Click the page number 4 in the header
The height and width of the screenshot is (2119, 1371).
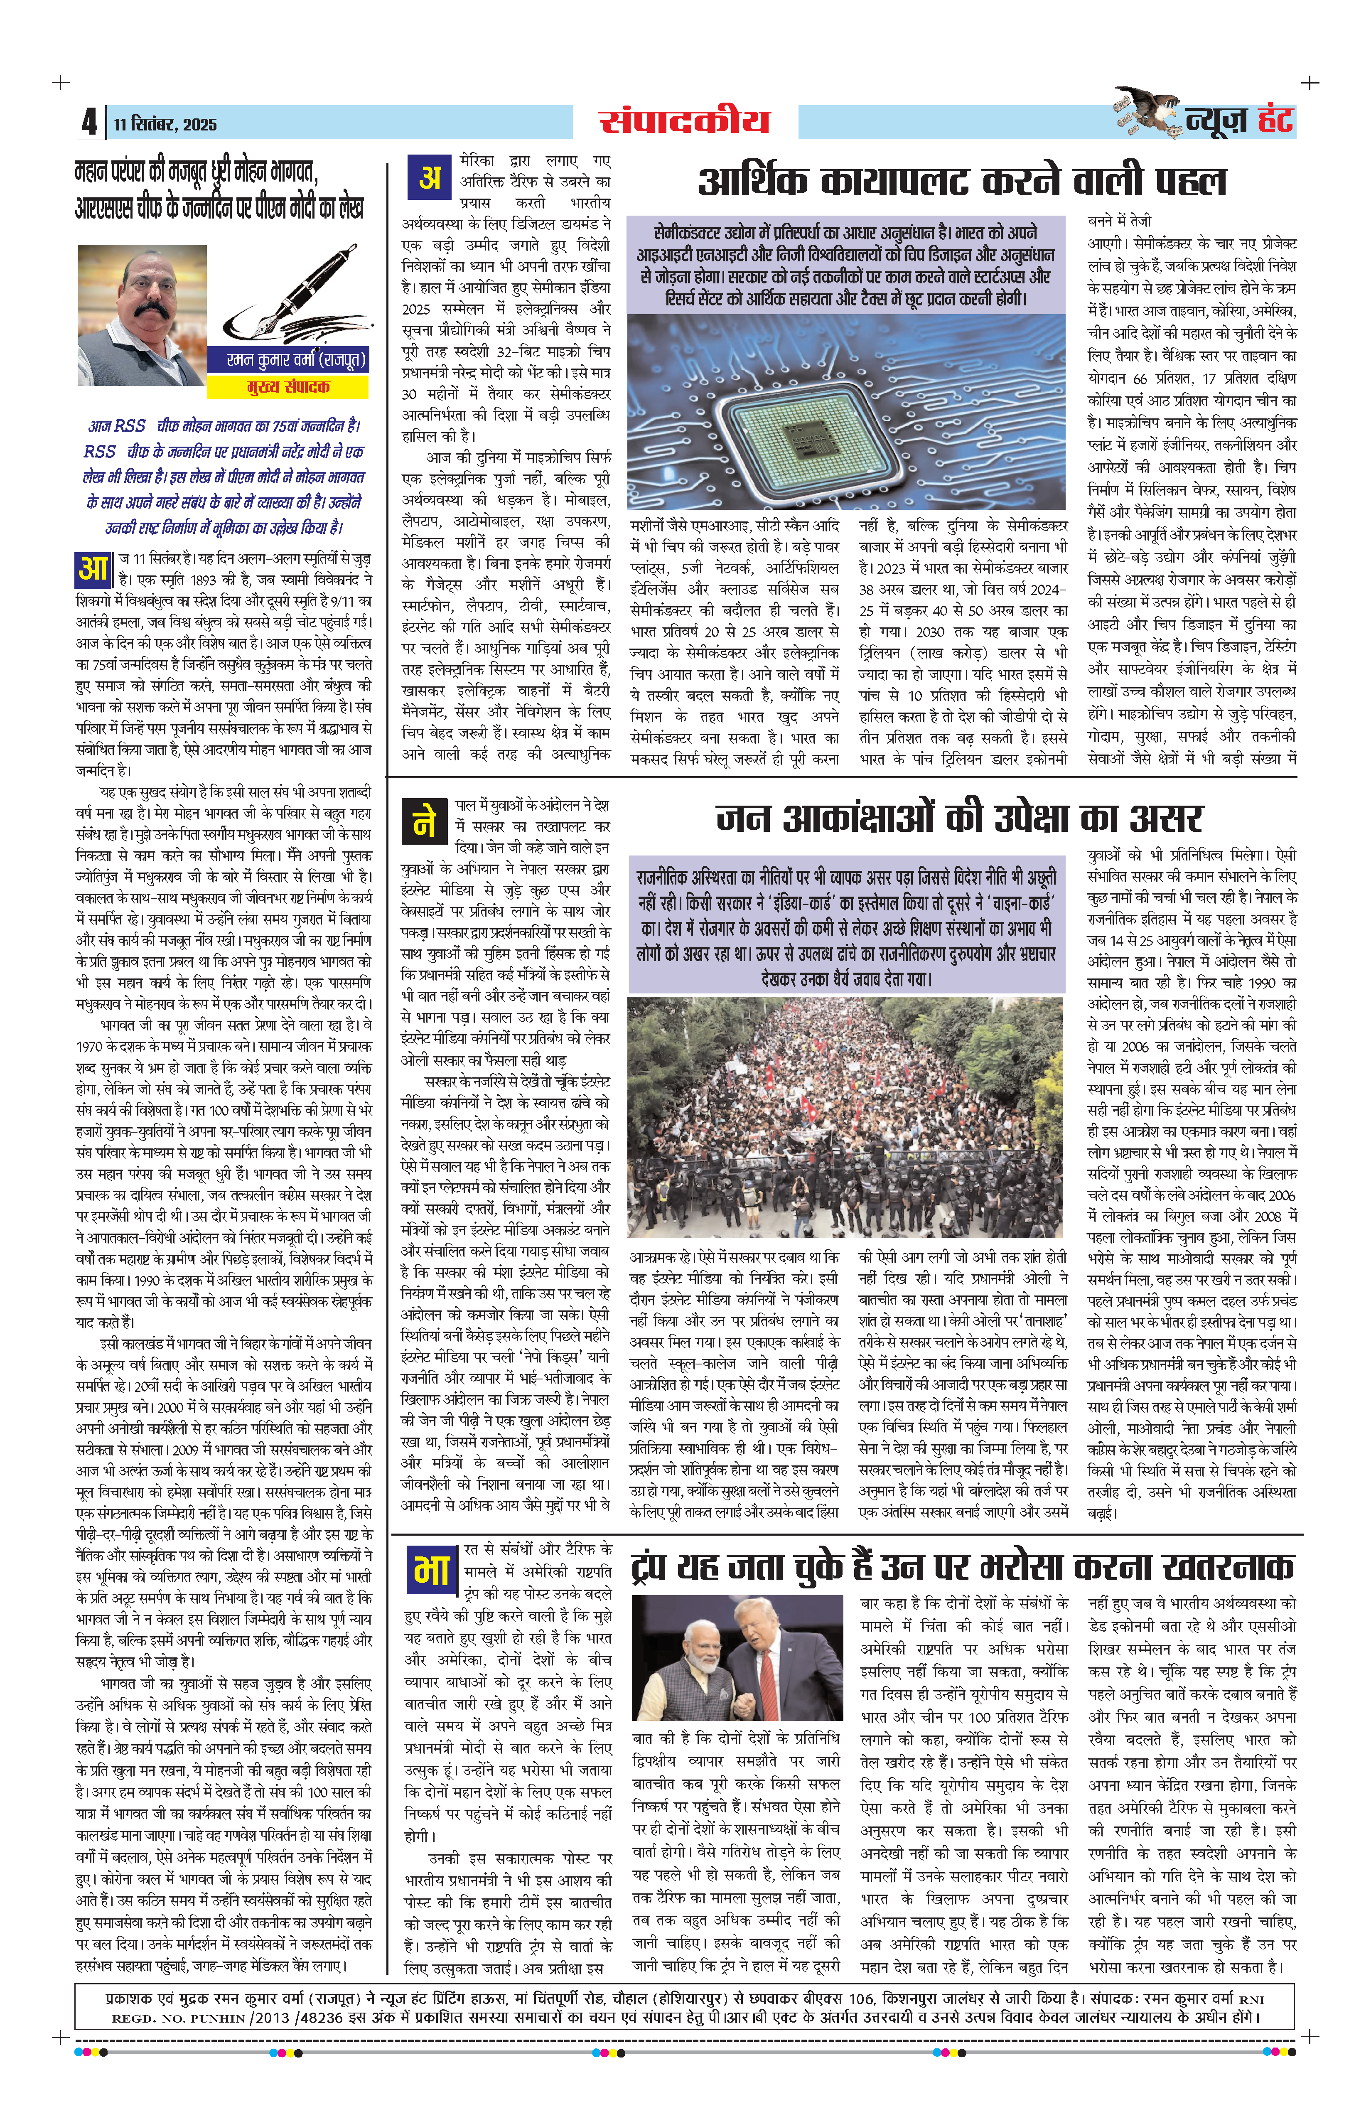89,122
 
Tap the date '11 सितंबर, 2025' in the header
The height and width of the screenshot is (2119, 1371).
165,124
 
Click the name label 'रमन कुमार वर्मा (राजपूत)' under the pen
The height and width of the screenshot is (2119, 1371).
287,360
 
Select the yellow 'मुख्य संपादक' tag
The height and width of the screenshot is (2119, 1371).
287,386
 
